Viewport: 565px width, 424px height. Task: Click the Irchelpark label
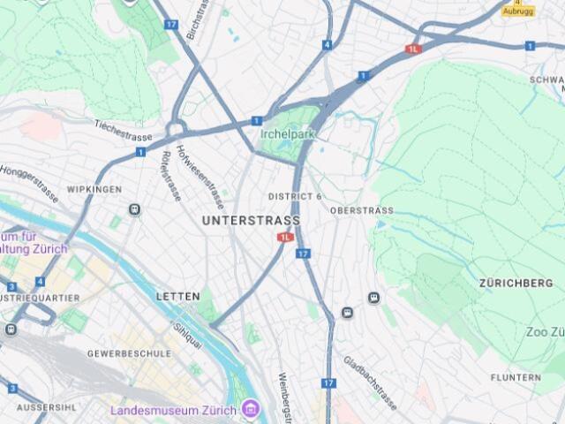click(x=289, y=133)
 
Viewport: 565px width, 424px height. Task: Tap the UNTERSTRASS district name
click(x=251, y=220)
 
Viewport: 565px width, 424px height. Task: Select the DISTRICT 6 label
click(x=295, y=196)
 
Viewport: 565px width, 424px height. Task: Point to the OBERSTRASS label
click(x=361, y=211)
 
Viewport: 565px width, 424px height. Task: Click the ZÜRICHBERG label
click(x=516, y=284)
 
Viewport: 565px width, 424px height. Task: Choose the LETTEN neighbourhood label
click(x=178, y=296)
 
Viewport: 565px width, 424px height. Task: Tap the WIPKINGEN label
click(x=94, y=190)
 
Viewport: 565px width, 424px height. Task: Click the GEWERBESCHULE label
click(x=129, y=353)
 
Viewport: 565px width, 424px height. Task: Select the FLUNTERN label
click(x=516, y=377)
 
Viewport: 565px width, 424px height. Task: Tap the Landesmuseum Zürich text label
click(x=173, y=411)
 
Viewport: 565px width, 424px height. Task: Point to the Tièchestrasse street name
click(x=124, y=130)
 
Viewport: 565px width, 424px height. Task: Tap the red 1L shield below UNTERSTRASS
click(x=285, y=237)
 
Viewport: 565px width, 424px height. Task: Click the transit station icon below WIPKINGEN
click(x=134, y=209)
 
